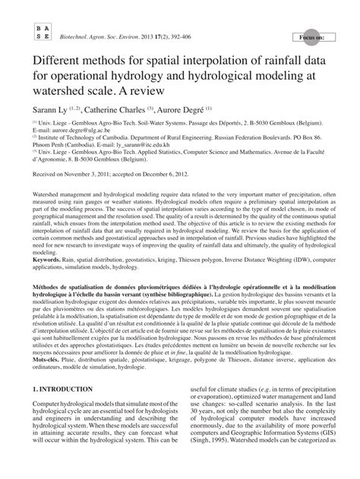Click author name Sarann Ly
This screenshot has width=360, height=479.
(x=52, y=109)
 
